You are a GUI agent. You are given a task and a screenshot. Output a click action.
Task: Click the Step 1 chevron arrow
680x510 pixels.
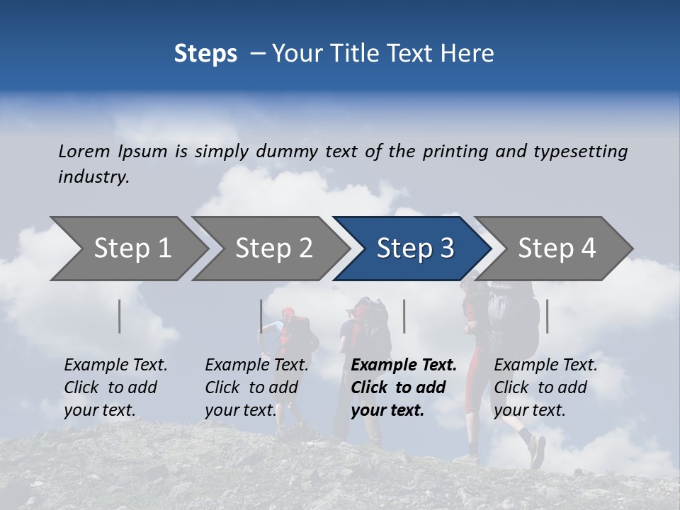(131, 249)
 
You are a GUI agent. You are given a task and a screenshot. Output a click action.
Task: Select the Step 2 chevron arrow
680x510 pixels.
(273, 249)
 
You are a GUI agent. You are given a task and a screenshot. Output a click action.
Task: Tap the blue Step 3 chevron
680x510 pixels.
(414, 249)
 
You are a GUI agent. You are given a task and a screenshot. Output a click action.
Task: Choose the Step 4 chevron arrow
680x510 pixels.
(556, 249)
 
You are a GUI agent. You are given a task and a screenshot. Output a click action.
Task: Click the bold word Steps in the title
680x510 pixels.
(205, 54)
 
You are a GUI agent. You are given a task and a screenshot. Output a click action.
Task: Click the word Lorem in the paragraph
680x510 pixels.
(84, 151)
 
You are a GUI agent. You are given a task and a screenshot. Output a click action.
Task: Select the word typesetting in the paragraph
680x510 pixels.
(580, 152)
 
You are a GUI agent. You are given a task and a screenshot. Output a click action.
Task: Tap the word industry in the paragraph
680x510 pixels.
(93, 176)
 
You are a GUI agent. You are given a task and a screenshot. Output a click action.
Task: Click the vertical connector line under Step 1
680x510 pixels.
(120, 316)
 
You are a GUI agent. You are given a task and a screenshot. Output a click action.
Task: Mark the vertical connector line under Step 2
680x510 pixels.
(261, 316)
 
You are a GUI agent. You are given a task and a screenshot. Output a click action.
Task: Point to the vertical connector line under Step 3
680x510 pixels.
(404, 316)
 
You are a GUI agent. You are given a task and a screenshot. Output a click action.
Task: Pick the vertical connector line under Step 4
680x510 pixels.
(547, 316)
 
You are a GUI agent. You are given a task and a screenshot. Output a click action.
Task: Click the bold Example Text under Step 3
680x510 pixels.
(404, 365)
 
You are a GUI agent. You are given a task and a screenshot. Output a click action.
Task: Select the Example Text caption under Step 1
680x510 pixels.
(115, 365)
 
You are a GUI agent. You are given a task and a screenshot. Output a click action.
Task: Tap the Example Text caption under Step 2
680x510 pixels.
(256, 365)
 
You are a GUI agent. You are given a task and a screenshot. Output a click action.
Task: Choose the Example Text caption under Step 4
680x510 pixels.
(545, 365)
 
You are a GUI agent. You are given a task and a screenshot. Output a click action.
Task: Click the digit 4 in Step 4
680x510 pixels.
(588, 249)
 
